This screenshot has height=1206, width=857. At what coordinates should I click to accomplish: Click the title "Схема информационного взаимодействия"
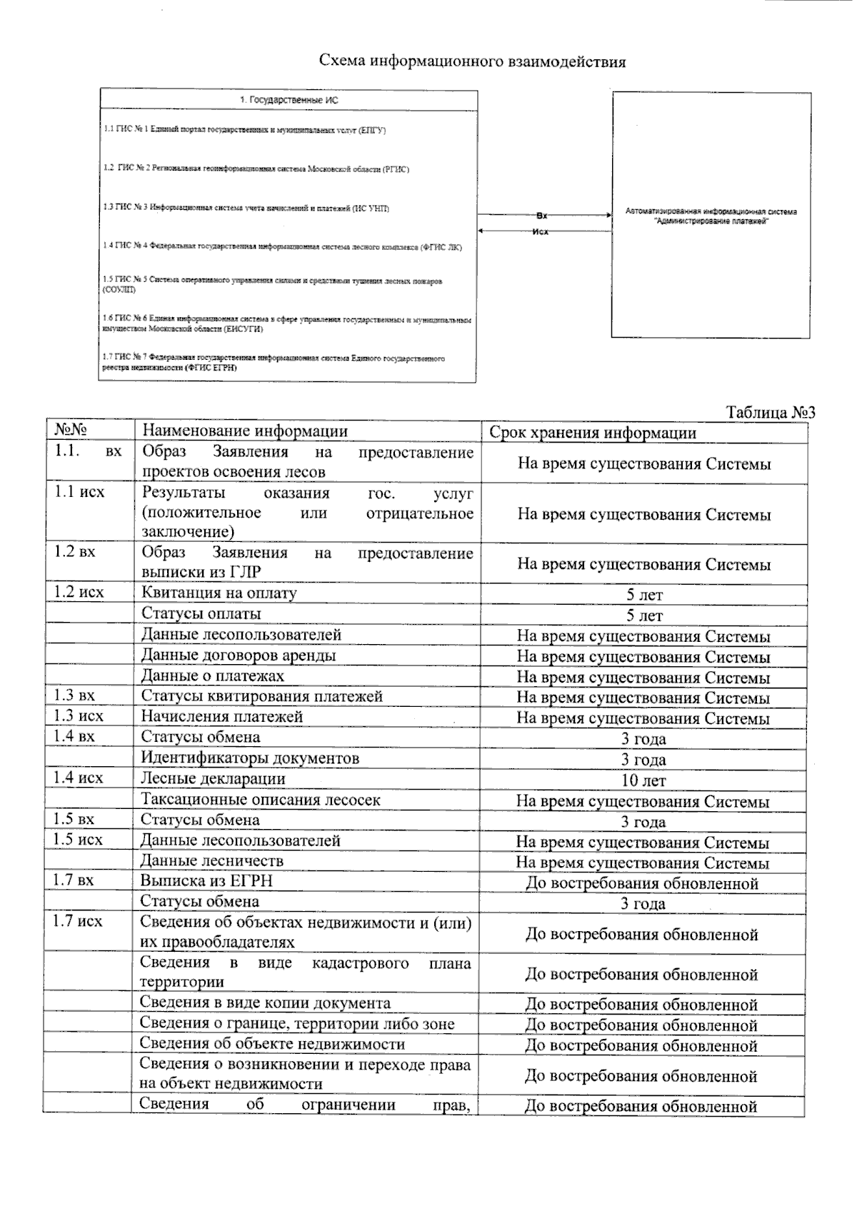tap(472, 61)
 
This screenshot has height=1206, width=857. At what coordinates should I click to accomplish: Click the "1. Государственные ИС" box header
tap(289, 101)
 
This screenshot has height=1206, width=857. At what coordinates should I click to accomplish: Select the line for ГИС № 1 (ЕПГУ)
tap(245, 130)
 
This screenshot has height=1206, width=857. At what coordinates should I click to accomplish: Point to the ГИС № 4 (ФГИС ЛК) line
tap(283, 246)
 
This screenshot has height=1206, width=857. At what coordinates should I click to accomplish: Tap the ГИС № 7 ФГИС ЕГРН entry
tap(274, 363)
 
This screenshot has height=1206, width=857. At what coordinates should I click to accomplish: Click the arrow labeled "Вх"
tap(543, 214)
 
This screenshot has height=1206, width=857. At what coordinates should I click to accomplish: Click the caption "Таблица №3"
tap(770, 413)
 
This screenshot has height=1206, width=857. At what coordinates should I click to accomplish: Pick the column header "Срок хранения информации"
tap(593, 433)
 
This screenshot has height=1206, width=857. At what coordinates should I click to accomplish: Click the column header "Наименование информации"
tap(245, 431)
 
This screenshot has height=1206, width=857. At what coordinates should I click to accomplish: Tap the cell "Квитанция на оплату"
tap(219, 593)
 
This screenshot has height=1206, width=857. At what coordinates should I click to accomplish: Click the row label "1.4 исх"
tap(78, 778)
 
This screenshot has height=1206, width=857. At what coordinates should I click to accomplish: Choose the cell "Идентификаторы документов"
tap(250, 758)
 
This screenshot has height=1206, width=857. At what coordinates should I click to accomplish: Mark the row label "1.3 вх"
tap(74, 695)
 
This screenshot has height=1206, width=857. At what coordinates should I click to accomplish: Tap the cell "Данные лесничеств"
tap(212, 860)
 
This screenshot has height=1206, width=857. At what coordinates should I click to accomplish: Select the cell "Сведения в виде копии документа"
tap(265, 1003)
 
